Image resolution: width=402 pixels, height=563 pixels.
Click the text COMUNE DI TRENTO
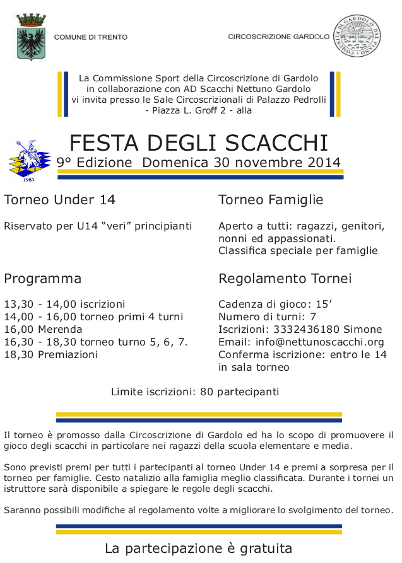click(91, 38)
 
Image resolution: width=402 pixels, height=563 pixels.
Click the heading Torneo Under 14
click(59, 200)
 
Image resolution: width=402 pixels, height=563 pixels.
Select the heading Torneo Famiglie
click(271, 200)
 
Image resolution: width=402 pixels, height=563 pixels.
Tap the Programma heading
click(42, 279)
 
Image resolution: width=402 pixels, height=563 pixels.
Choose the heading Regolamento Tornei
click(285, 279)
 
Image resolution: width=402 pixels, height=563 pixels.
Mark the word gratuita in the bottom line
click(263, 548)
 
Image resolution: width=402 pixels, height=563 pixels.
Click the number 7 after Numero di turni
click(313, 316)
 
